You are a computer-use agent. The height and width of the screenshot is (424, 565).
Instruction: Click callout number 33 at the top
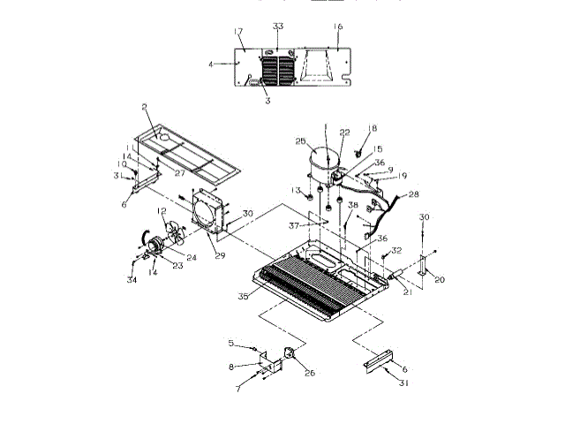point(277,26)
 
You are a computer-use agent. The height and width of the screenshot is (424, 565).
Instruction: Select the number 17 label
point(238,33)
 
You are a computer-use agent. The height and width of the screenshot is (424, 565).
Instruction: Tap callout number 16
point(338,27)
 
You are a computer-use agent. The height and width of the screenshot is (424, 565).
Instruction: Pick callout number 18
point(372,129)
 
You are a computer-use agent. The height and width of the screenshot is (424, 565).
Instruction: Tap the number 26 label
point(309,372)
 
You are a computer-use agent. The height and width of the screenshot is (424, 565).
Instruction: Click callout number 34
point(132,281)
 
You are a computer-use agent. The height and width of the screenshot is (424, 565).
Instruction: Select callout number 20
point(440,279)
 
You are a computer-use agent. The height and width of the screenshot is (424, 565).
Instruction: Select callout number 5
point(231,343)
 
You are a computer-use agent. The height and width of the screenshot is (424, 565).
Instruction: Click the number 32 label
point(397,251)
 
